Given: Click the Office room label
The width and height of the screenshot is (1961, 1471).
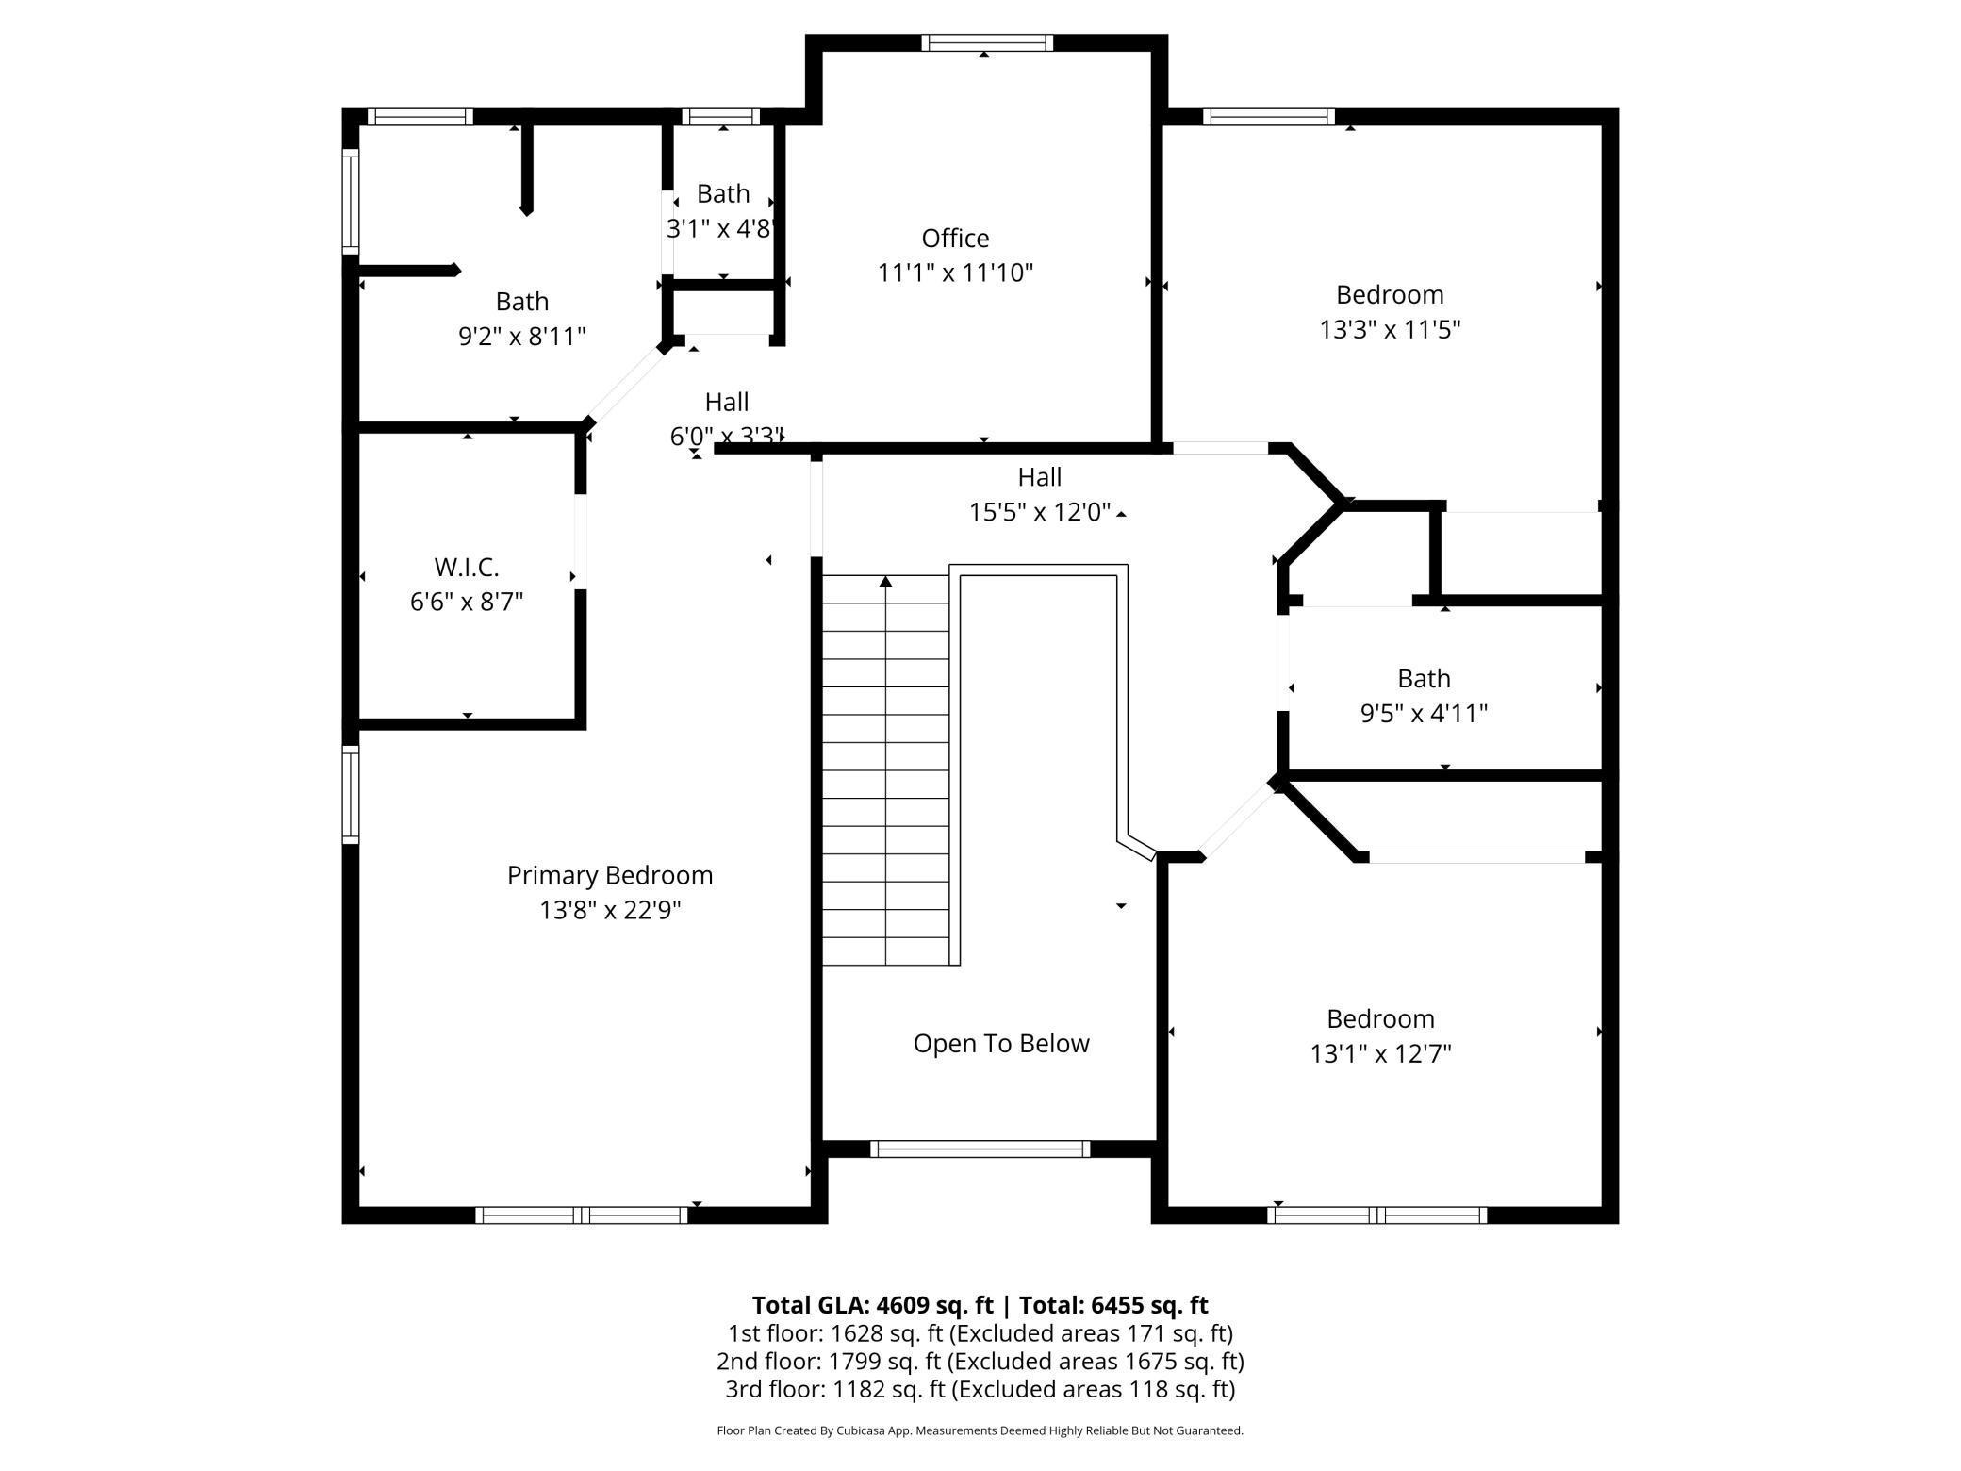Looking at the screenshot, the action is coord(955,238).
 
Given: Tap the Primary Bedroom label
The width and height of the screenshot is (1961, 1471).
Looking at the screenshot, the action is coord(610,876).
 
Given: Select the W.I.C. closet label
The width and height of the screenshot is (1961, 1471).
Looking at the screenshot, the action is coord(467,567).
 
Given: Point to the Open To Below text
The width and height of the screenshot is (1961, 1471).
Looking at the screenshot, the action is coord(1001,1044).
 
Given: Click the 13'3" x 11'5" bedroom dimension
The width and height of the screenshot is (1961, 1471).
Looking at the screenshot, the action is coord(1390,329).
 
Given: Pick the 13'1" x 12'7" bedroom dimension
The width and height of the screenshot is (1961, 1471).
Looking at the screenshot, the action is coord(1380,1053).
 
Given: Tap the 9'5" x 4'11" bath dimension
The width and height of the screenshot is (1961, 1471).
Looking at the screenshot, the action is coord(1424,713).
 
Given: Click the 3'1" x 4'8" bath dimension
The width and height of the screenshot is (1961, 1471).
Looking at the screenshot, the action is coord(722,228).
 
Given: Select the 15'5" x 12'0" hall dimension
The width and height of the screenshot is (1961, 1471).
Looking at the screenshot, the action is coord(1040,512).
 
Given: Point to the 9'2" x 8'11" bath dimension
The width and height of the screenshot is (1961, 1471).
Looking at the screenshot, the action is coord(522,336).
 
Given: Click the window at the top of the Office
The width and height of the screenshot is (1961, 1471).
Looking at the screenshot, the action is coord(986,42).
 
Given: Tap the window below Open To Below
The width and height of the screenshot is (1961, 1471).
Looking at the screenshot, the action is coord(980,1149).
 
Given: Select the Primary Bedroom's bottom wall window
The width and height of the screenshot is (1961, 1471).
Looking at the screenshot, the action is coord(582,1215).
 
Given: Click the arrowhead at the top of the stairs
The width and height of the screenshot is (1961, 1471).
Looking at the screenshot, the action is coord(885,582).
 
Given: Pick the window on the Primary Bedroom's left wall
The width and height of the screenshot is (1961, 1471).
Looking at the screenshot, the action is coord(350,794).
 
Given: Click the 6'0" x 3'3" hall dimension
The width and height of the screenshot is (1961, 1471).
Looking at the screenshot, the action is coord(727,437).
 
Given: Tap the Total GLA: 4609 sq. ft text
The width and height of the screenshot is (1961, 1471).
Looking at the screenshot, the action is coord(872,1305).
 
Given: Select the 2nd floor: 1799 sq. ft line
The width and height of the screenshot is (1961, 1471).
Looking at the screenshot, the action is coord(980,1362).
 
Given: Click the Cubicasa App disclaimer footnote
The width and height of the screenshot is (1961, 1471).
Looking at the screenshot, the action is coord(980,1430).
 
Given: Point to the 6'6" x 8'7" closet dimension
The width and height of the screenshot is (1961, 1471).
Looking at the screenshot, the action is coord(467,602).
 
